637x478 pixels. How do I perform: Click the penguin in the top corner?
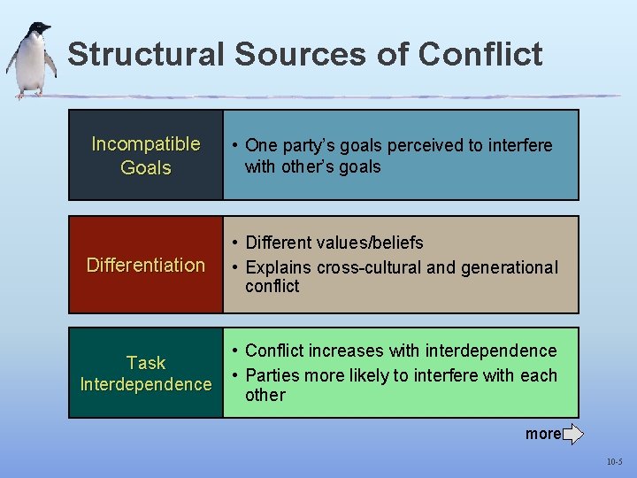coord(32,59)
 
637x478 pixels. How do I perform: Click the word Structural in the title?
coord(146,55)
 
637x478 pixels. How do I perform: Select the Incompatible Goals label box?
coord(146,155)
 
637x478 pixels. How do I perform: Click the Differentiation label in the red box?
coord(146,266)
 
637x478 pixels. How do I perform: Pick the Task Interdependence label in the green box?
coord(146,374)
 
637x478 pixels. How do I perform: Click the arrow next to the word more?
coord(572,434)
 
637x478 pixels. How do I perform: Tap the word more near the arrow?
coord(542,434)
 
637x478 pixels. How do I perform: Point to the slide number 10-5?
coord(615,462)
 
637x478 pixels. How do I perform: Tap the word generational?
coord(502,267)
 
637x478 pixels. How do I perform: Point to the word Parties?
coord(272,375)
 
